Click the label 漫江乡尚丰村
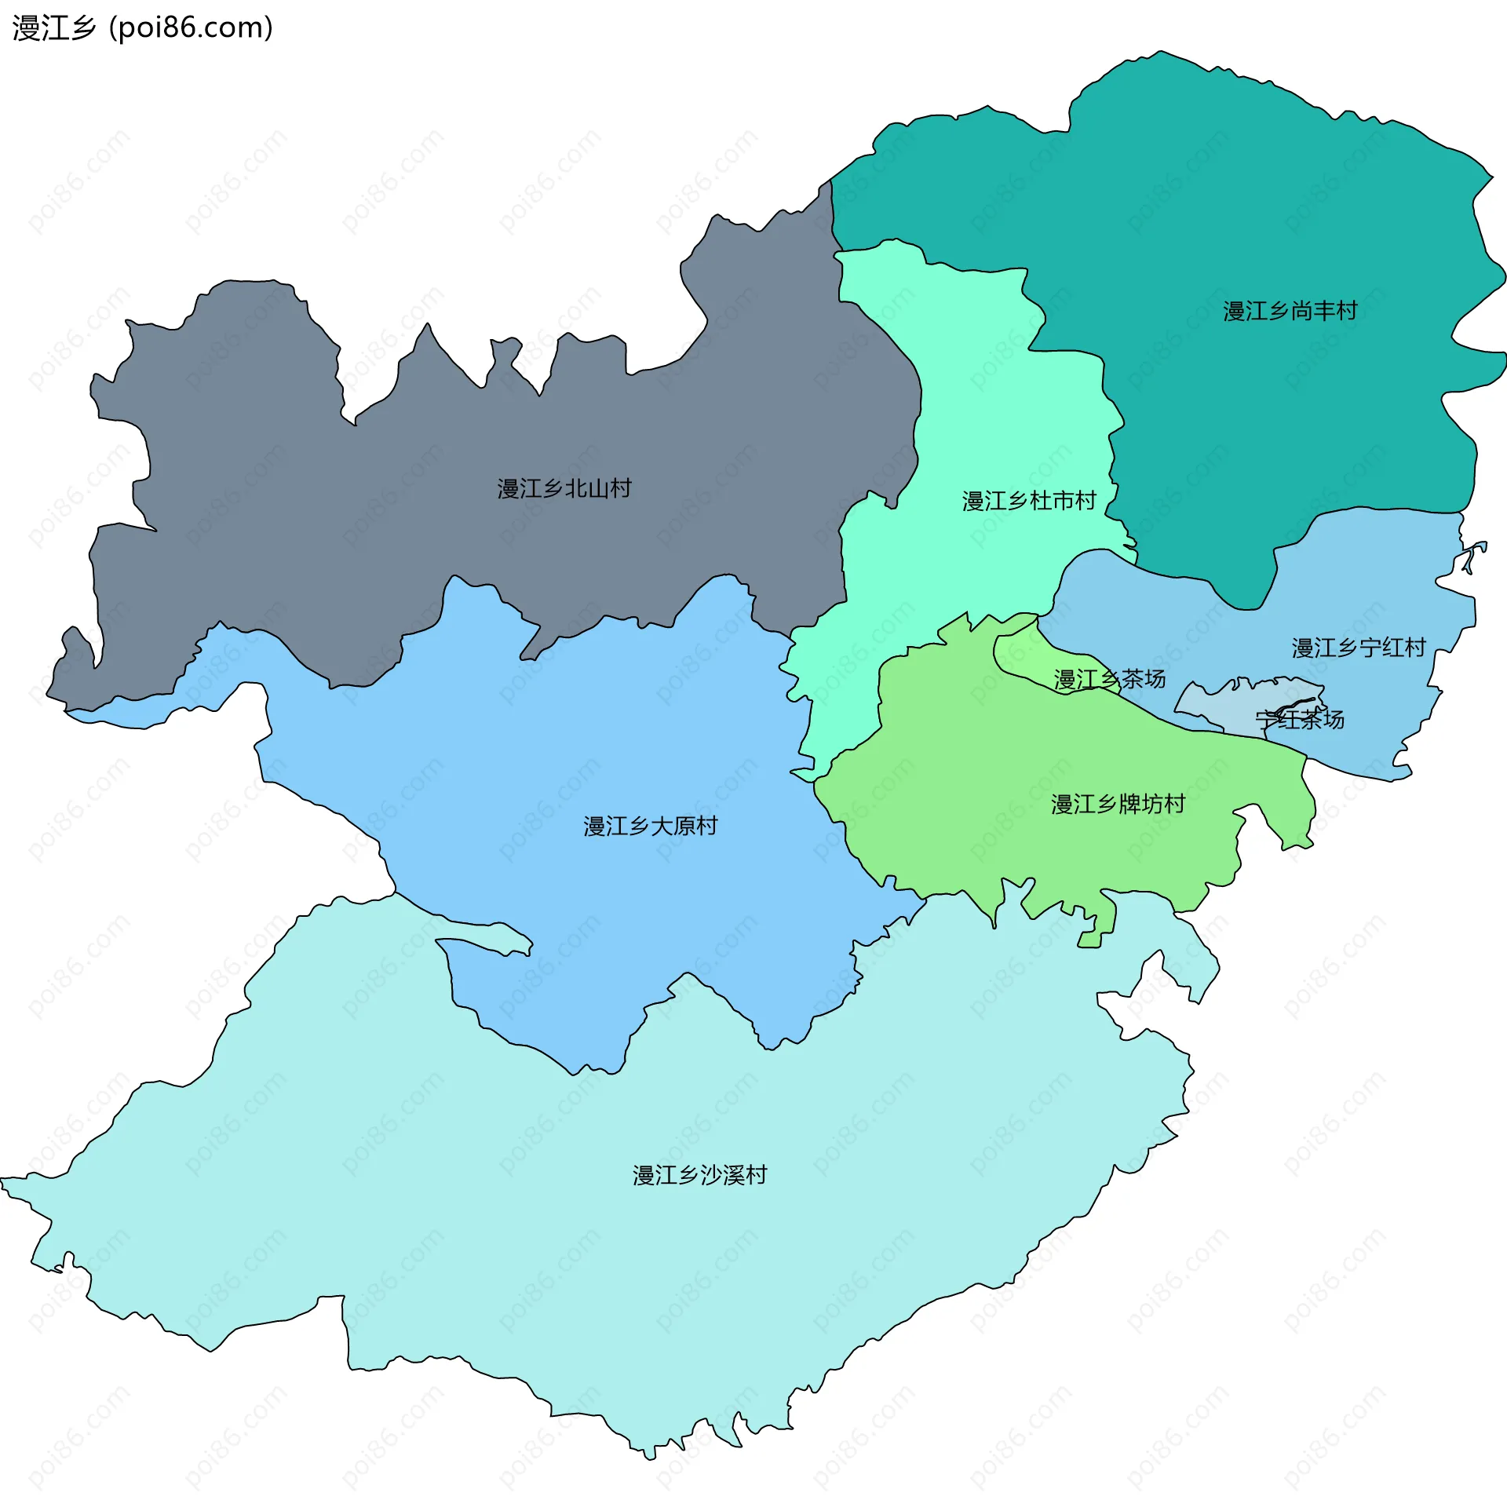point(1290,312)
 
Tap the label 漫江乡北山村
point(564,489)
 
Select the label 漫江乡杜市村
point(1028,501)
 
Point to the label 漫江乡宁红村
point(1358,648)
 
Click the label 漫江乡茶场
point(1109,680)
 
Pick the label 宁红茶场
point(1299,720)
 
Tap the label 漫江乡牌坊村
point(1118,805)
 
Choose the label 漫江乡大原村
point(650,827)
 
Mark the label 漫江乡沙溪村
point(699,1176)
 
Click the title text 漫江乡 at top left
point(53,28)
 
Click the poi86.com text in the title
point(191,28)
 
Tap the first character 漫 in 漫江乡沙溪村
point(644,1176)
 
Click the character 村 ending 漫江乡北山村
point(620,489)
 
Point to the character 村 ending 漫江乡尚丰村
point(1347,312)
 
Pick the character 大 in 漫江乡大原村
point(662,827)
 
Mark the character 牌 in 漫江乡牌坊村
point(1129,805)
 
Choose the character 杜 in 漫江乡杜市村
point(1040,501)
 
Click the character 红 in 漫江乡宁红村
point(1392,648)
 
